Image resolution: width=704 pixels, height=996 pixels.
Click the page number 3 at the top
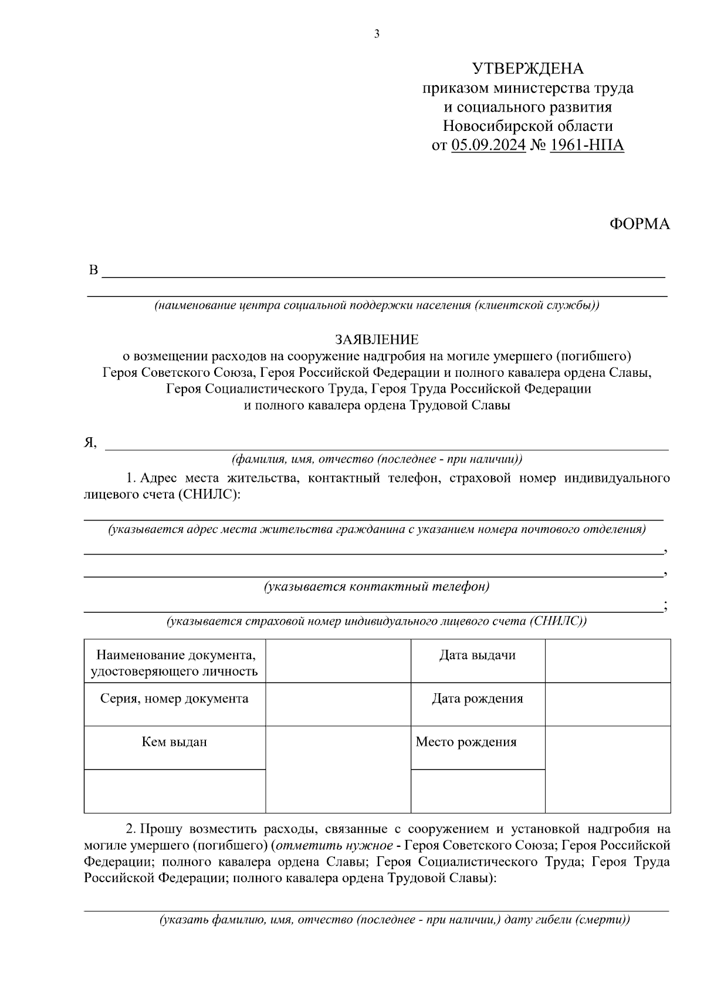pos(377,34)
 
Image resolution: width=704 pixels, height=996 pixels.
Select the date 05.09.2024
pos(488,144)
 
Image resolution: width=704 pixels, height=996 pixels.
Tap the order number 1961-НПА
pos(587,144)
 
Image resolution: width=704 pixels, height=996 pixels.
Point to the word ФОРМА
pos(639,224)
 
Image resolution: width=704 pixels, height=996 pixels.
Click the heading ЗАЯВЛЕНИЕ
pos(377,339)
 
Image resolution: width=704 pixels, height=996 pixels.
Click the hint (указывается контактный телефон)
pos(377,586)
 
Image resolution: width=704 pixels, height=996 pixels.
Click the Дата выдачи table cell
pos(477,656)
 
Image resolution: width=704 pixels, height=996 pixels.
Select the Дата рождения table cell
pos(477,698)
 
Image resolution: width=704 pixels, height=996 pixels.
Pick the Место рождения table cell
pos(466,742)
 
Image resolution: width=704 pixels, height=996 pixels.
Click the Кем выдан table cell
pos(174,742)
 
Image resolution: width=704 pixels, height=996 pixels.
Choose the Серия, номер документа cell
pos(174,698)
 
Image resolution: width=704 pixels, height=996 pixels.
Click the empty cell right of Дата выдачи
pos(607,661)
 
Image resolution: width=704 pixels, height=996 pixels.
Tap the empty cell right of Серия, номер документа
pos(338,704)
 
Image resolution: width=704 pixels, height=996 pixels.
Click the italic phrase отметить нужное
pos(334,846)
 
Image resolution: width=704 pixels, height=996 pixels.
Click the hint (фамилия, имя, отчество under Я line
pos(377,459)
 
